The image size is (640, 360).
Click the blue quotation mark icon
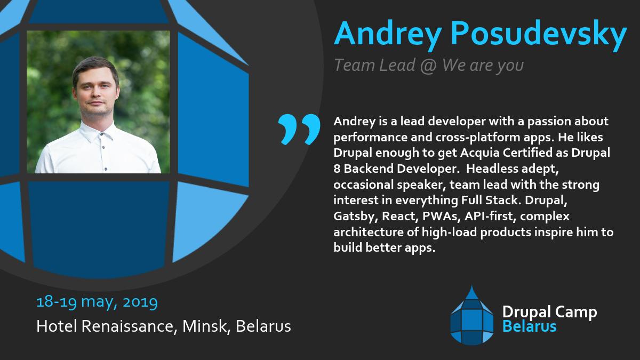coord(299,129)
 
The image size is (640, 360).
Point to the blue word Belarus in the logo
coord(530,326)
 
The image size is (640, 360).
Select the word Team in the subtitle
coord(351,65)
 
